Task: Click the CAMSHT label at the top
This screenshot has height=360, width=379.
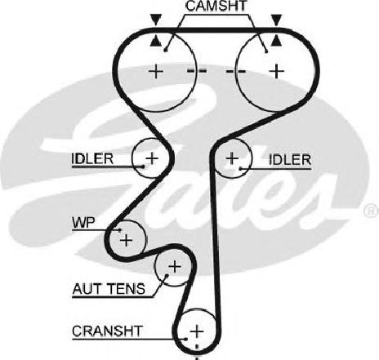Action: pos(216,6)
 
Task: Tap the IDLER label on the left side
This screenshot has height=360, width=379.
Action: pos(92,158)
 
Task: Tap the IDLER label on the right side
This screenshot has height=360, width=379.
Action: pos(290,159)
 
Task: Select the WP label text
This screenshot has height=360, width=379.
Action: pos(83,223)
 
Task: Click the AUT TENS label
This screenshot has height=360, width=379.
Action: pos(109,289)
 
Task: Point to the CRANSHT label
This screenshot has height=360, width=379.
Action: pos(107,331)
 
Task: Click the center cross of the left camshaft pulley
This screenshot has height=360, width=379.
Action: pos(156,71)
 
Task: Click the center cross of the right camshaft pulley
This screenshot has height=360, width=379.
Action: pos(277,71)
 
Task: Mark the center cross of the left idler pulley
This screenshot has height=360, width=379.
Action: pos(152,158)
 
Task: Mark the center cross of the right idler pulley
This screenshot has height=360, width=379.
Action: pos(232,158)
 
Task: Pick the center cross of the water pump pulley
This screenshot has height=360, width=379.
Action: pos(126,240)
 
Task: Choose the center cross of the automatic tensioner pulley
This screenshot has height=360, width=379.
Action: pos(175,266)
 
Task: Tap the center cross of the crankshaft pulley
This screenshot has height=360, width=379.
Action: pos(197,331)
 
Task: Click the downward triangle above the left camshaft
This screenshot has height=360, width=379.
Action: pos(156,20)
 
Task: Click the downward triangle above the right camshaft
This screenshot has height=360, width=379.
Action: pos(277,20)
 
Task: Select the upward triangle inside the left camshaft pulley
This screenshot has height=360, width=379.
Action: pos(156,41)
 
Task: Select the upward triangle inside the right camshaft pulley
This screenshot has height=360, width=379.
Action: pos(277,41)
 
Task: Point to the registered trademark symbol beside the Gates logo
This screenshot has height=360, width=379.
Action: pos(371,210)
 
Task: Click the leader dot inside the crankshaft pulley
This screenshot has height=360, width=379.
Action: pos(186,339)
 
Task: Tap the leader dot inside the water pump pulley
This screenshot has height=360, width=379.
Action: pos(120,230)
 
